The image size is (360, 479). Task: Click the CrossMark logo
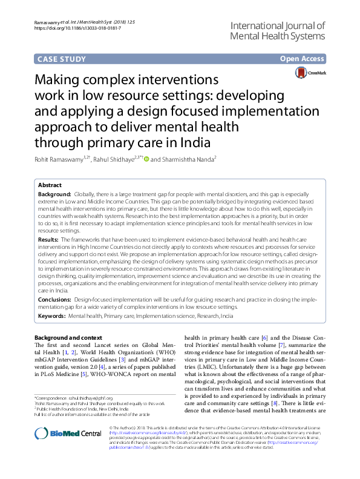310,73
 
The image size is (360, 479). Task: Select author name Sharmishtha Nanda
188,159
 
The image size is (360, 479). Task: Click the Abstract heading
50,185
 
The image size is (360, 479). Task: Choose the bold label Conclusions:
54,299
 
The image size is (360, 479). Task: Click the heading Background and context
68,337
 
